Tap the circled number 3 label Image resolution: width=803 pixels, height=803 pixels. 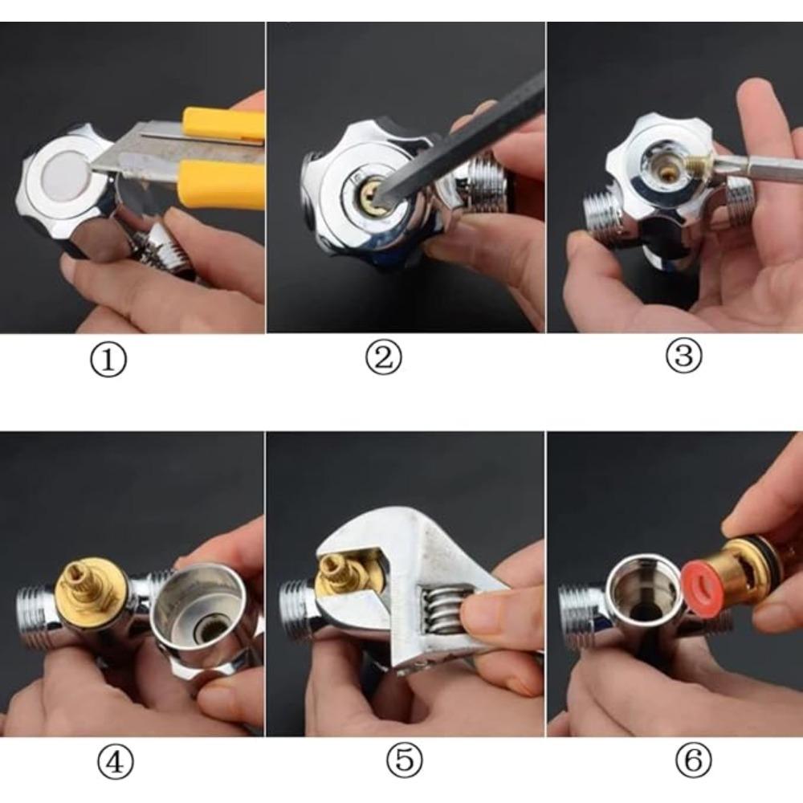tap(683, 357)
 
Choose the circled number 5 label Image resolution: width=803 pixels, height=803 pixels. tap(405, 760)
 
